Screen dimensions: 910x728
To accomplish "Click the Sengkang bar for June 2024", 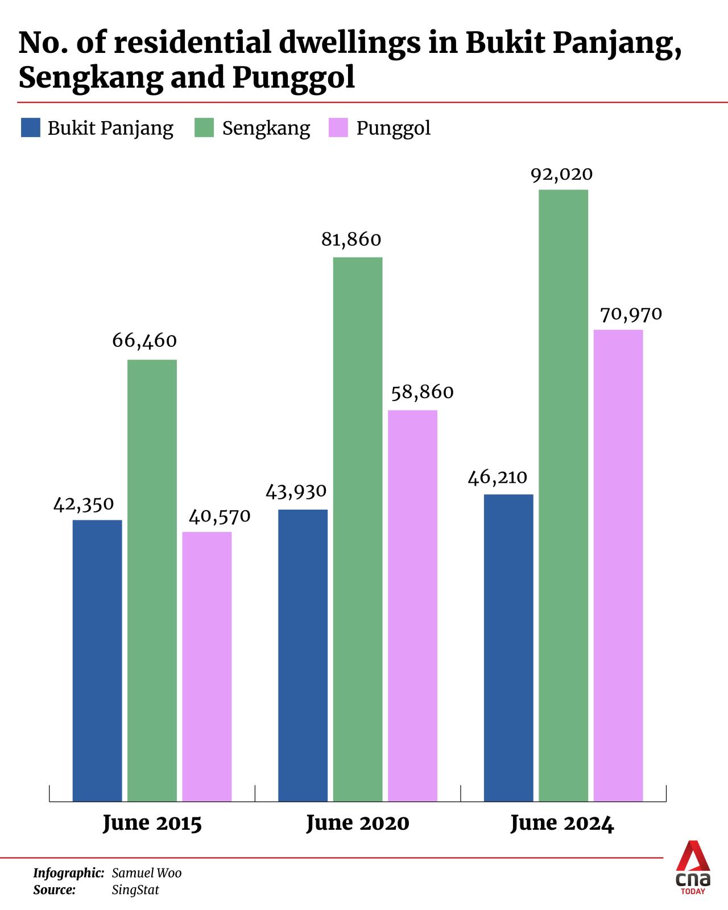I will (563, 495).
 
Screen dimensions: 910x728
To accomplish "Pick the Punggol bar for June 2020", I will (412, 606).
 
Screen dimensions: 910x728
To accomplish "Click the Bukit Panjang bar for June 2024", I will (508, 648).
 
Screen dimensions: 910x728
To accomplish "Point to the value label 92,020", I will (562, 175).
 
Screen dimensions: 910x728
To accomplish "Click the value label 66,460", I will (144, 341).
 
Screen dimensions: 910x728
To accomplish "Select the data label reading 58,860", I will (422, 392).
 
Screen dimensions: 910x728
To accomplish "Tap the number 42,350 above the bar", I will (84, 504).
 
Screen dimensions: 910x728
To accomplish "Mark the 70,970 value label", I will (631, 314).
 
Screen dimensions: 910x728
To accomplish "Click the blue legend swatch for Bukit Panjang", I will (31, 127).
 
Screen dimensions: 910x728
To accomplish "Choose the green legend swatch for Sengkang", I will (204, 127).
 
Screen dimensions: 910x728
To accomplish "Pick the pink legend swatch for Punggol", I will (338, 127).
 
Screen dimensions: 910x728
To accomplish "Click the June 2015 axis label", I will (152, 824).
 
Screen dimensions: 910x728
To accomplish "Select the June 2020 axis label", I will (357, 824).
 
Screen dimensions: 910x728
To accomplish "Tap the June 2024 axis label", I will (562, 824).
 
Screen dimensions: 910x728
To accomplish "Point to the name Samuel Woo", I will (147, 873).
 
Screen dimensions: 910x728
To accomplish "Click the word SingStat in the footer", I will (135, 890).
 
